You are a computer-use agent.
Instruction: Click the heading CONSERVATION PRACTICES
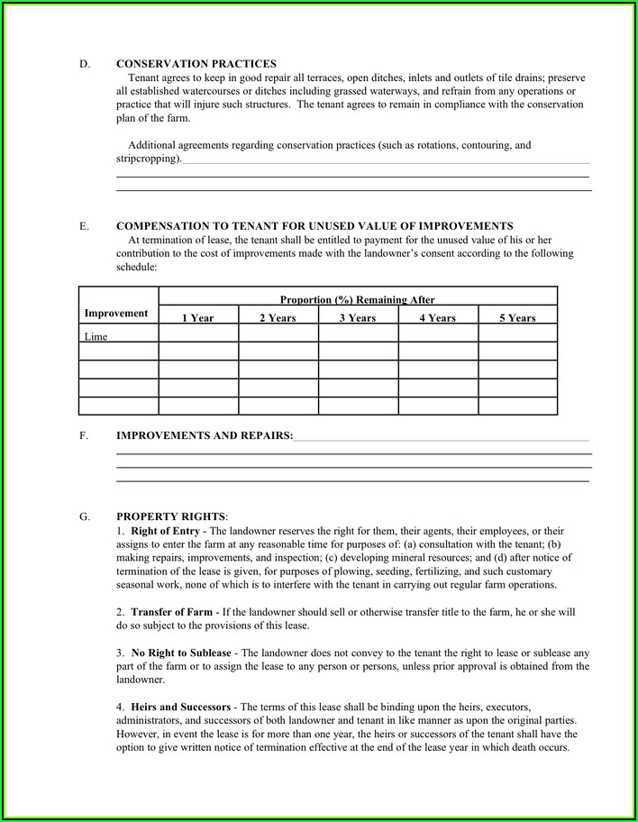pos(196,64)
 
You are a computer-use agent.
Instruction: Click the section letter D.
pos(84,64)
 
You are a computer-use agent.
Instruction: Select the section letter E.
pos(84,226)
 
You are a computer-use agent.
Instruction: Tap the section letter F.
pos(84,435)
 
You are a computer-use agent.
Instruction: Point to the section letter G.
pos(84,516)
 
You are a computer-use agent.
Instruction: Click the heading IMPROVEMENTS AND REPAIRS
pos(205,435)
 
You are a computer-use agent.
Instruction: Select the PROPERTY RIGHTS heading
pos(171,516)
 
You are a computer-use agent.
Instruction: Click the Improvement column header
pos(116,313)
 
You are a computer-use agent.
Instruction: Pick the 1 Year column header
pos(198,318)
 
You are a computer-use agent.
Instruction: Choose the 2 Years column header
pos(278,318)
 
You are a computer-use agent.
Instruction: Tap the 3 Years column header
pos(358,318)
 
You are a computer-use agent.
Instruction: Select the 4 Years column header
pos(438,318)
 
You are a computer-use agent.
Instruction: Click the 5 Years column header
pos(517,318)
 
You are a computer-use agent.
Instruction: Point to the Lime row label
pos(96,336)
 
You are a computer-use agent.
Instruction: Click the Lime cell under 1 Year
pos(198,333)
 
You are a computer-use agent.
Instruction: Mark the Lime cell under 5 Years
pos(517,333)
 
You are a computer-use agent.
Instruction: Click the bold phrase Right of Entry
pos(165,532)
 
